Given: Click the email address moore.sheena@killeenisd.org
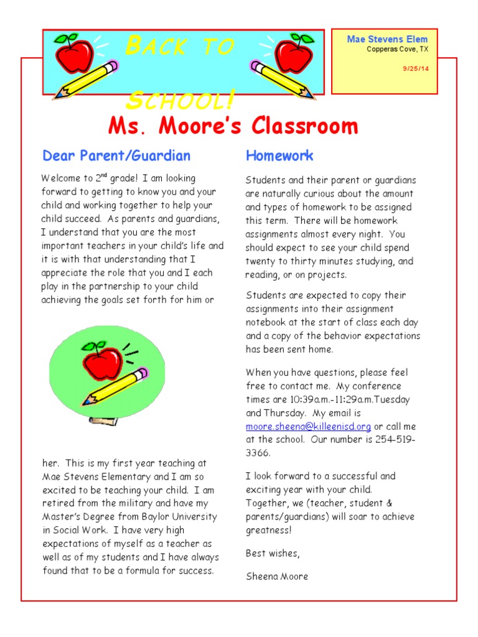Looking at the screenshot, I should pyautogui.click(x=308, y=427).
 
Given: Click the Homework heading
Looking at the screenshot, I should pyautogui.click(x=279, y=156).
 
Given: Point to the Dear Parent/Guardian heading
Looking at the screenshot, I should pyautogui.click(x=116, y=156).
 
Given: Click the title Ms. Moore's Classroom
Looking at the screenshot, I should pyautogui.click(x=233, y=126).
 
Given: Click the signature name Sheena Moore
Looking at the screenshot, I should pyautogui.click(x=277, y=576).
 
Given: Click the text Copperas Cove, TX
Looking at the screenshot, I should pyautogui.click(x=397, y=50).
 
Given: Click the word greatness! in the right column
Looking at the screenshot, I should pyautogui.click(x=268, y=530).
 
